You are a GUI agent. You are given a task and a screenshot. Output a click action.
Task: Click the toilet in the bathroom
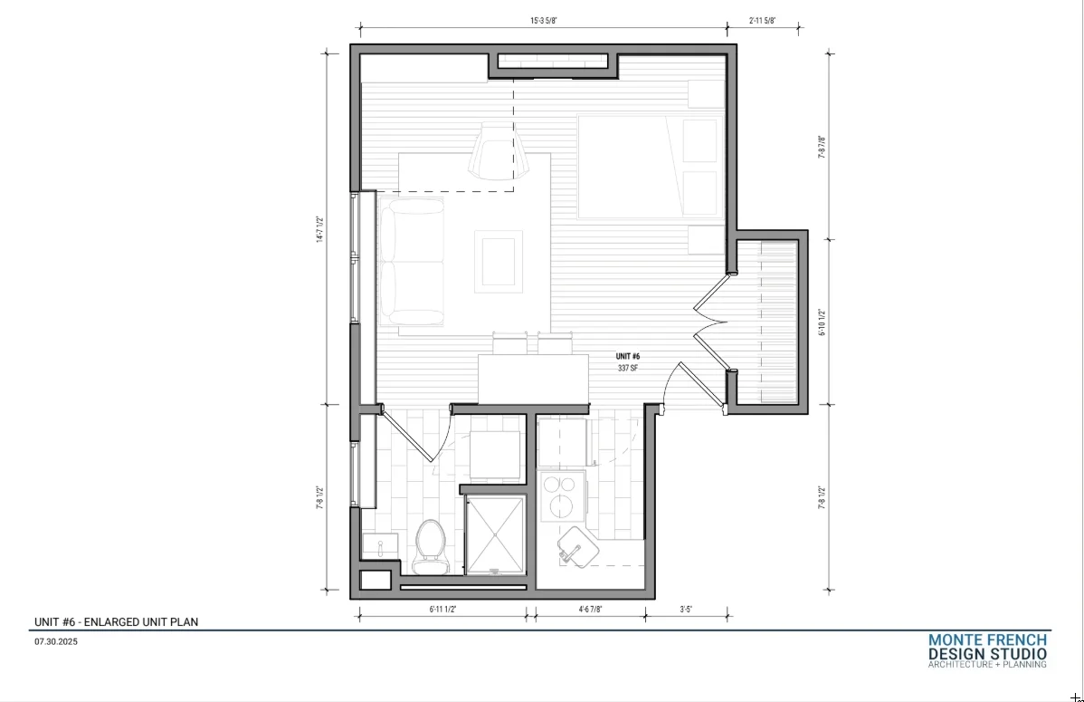[x=430, y=547]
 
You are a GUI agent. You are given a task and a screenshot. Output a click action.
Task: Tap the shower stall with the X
[x=495, y=535]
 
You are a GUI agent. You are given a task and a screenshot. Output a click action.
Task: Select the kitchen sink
[x=578, y=547]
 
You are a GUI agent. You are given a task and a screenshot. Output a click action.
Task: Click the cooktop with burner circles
[x=563, y=495]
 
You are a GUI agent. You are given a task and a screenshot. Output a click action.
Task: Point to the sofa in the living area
[x=412, y=262]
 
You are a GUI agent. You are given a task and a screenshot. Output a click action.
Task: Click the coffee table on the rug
[x=499, y=262]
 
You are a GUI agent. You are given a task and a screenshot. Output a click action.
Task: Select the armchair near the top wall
[x=499, y=151]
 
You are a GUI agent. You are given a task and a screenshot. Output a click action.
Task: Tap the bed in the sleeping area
[x=651, y=167]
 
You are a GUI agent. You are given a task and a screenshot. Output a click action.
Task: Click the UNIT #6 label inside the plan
[x=628, y=357]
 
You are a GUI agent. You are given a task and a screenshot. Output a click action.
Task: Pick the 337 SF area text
[x=628, y=369]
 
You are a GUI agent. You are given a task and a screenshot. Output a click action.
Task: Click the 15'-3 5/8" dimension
[x=544, y=21]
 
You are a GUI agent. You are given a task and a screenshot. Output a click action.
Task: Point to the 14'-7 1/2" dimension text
[x=319, y=229]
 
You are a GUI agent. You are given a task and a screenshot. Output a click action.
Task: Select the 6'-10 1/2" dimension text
[x=822, y=322]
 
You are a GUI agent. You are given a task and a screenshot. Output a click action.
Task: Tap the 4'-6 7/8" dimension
[x=590, y=610]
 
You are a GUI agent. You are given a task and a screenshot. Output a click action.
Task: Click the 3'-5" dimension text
[x=686, y=610]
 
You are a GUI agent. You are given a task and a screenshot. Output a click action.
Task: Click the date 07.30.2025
[x=56, y=642]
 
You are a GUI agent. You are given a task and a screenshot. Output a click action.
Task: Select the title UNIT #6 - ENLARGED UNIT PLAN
[x=116, y=621]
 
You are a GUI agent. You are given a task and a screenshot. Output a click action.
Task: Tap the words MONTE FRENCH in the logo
[x=987, y=640]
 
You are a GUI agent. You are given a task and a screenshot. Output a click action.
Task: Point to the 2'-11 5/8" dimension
[x=763, y=21]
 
